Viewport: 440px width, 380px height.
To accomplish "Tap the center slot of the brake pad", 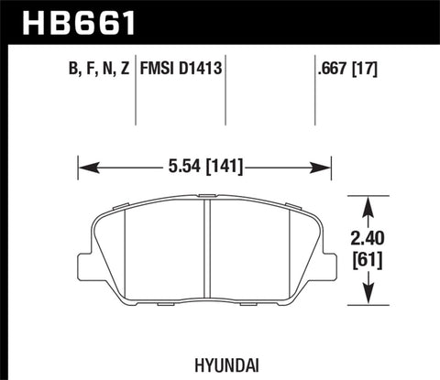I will [x=206, y=248].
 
